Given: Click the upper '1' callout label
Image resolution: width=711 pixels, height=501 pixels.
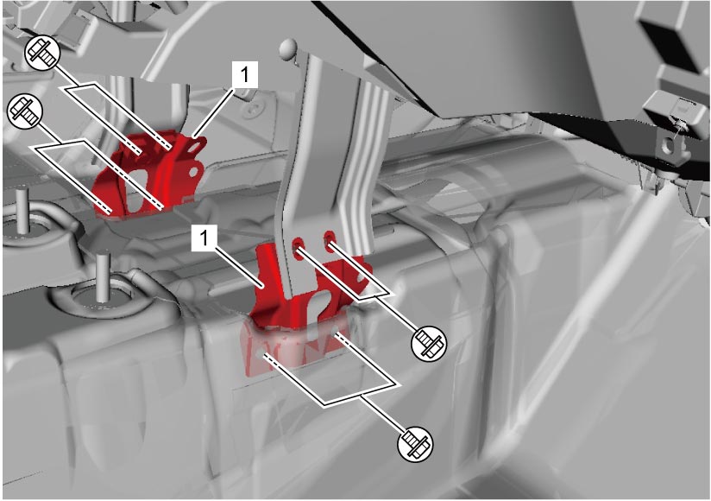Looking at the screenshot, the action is click(245, 74).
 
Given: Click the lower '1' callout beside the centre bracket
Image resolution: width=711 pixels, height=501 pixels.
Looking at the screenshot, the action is click(205, 238).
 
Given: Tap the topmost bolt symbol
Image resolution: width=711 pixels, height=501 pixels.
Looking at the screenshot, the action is click(41, 53).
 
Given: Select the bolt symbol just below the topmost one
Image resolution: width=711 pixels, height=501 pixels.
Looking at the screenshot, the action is click(25, 111).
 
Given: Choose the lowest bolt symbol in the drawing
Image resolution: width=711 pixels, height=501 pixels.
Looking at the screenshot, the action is click(415, 443).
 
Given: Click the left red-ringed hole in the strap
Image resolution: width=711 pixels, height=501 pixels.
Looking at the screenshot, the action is click(298, 244).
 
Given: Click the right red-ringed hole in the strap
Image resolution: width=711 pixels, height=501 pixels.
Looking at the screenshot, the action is click(330, 237).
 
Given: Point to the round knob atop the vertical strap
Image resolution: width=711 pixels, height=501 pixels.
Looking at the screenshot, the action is click(289, 48).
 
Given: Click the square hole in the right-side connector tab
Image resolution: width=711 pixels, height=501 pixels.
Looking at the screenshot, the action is click(670, 146).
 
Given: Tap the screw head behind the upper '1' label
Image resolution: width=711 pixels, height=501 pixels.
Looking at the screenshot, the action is click(254, 109).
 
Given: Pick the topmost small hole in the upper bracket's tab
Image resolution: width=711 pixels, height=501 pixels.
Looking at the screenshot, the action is click(196, 148).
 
